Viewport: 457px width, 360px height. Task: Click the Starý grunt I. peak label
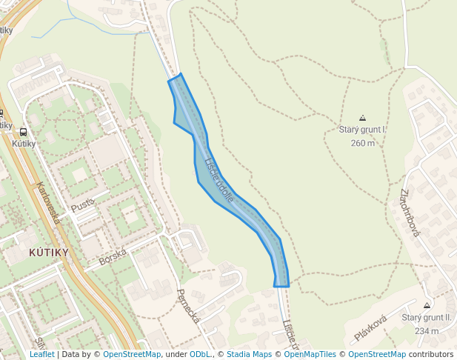tap(363, 130)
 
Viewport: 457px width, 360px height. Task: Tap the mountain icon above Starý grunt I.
tap(362, 118)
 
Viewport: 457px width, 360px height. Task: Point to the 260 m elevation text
tap(363, 144)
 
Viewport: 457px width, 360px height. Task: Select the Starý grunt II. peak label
tap(427, 318)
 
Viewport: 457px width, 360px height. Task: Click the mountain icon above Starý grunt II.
tap(427, 305)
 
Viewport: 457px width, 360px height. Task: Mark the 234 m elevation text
tap(427, 331)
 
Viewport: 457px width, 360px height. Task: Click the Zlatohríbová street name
tap(409, 213)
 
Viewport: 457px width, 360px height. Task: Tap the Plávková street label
tap(370, 328)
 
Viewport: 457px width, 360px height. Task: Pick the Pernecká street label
tap(188, 306)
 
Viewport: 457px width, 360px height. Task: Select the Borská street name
tap(113, 256)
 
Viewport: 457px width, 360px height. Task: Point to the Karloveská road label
tap(52, 204)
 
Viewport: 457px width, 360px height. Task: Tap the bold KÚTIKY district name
tap(48, 253)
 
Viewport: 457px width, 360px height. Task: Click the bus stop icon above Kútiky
tap(24, 132)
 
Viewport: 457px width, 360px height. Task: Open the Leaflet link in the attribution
tap(41, 354)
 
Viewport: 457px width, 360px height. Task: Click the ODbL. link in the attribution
tap(201, 354)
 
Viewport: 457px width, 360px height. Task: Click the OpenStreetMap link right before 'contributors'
tap(376, 354)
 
